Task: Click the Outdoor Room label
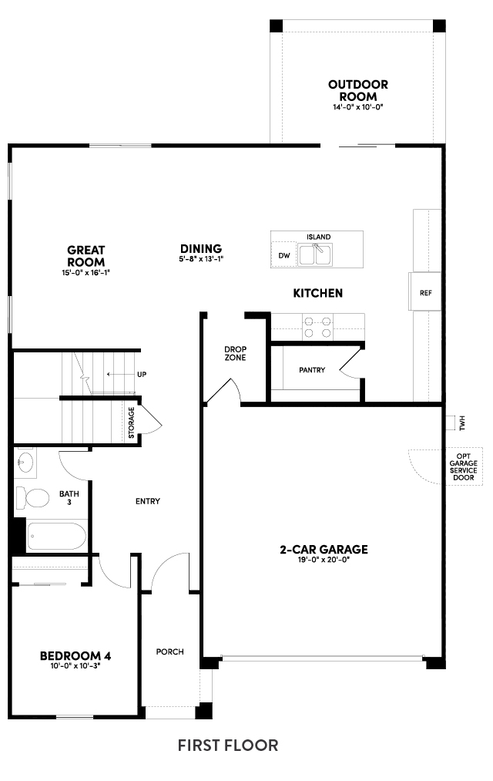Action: click(x=357, y=90)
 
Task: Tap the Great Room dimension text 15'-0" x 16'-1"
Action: click(x=86, y=272)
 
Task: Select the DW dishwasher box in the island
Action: click(x=284, y=255)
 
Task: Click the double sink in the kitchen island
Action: click(x=315, y=254)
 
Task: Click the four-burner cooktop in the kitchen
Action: click(x=318, y=327)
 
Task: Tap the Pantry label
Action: click(x=312, y=370)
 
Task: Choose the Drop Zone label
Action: click(x=235, y=354)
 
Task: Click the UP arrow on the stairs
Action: click(x=116, y=374)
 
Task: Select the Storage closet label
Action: click(x=131, y=422)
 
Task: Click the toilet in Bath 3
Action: click(x=32, y=497)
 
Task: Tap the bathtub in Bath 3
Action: click(x=56, y=536)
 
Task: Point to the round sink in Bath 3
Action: click(x=25, y=462)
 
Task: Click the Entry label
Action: click(x=148, y=501)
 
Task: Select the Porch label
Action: click(x=169, y=651)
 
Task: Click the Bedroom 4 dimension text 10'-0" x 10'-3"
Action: click(x=75, y=666)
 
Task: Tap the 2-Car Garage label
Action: click(x=324, y=550)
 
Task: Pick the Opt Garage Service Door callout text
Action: click(x=463, y=466)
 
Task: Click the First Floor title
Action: click(x=228, y=746)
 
